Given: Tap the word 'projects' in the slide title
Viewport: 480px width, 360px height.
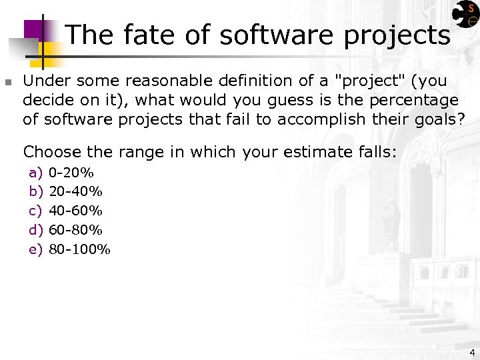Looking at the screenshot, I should (397, 36).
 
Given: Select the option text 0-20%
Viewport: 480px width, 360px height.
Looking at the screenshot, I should (71, 173).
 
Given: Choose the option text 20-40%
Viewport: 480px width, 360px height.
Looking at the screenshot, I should (76, 192).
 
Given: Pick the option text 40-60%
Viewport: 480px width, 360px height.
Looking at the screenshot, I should (76, 211).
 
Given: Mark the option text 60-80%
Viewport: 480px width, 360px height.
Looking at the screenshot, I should (76, 231).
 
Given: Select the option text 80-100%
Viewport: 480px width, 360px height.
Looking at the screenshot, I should (80, 250).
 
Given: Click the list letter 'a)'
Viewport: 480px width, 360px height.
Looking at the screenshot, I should (36, 173).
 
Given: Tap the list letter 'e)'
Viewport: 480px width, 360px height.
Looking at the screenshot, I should (36, 250).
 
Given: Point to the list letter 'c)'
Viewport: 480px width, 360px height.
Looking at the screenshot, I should (36, 211).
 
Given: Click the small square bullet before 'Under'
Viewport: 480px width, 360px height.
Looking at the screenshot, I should (8, 83).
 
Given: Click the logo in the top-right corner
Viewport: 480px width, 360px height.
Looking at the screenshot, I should (465, 16).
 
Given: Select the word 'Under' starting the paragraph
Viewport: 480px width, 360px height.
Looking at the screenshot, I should (44, 81).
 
